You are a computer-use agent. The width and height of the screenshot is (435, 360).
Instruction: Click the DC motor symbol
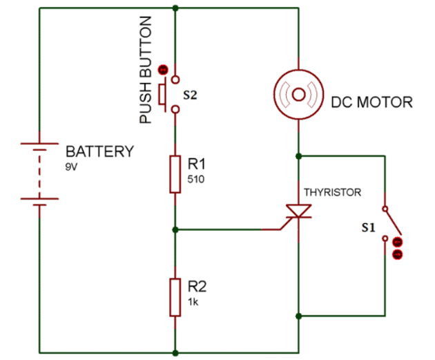(299, 94)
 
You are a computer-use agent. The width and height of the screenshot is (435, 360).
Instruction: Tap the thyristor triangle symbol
(299, 211)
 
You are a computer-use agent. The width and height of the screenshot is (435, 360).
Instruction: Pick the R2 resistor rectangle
(176, 296)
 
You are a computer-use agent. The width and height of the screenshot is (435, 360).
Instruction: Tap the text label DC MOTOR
(371, 102)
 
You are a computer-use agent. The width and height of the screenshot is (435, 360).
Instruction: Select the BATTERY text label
(99, 151)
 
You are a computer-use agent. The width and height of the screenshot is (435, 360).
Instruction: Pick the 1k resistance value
(193, 302)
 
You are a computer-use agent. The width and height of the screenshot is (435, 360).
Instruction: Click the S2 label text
(190, 96)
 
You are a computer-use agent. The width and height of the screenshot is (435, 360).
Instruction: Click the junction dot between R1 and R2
(176, 229)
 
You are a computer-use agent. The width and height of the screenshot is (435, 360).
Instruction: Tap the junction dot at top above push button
(176, 8)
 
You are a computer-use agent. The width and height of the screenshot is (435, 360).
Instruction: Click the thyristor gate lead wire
(228, 229)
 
